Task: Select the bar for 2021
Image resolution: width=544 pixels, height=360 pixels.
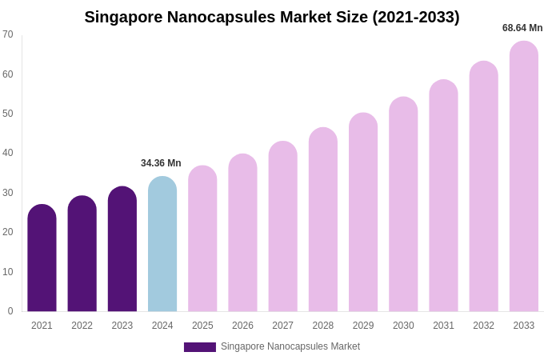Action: click(42, 258)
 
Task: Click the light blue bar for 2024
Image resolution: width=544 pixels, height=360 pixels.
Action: click(162, 244)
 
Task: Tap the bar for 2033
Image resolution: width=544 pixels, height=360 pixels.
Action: click(524, 176)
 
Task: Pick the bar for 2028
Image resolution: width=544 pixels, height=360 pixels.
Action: click(323, 220)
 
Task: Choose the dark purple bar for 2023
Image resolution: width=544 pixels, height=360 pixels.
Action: click(122, 249)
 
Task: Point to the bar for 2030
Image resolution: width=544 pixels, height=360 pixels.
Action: click(403, 204)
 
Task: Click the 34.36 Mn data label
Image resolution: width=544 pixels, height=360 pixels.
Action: click(161, 163)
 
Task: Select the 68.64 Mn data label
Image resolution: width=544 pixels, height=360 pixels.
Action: click(522, 28)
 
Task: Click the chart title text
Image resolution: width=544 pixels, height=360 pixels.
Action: click(272, 17)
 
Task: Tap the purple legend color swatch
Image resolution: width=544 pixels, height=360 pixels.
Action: click(200, 347)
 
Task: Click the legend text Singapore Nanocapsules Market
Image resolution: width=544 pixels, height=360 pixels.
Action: click(290, 346)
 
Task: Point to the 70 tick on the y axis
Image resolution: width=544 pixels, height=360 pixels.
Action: click(8, 34)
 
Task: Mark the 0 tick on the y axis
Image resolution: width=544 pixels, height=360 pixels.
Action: click(10, 311)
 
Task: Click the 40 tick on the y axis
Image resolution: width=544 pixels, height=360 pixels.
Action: click(8, 153)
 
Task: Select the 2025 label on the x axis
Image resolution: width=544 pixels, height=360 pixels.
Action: click(202, 326)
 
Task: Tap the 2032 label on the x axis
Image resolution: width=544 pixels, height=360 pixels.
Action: click(483, 326)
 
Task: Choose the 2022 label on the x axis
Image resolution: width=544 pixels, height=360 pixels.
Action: click(82, 326)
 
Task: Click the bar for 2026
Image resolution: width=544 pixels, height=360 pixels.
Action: click(242, 233)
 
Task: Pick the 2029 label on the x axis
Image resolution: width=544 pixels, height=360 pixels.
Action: click(363, 326)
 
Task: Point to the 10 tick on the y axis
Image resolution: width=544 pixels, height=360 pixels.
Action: click(8, 272)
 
